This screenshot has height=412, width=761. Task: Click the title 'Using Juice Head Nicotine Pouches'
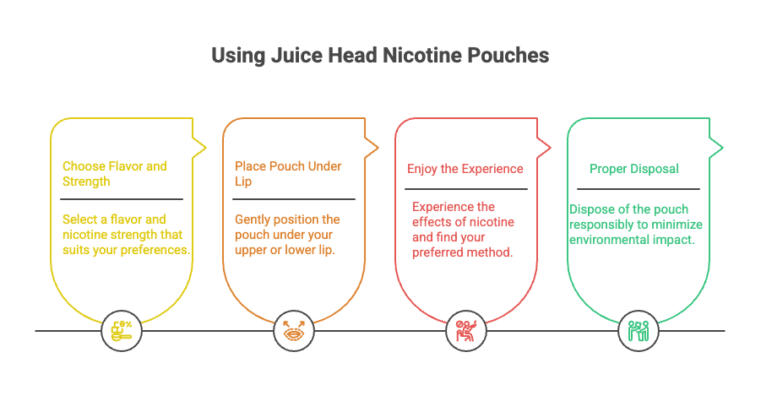[x=380, y=56]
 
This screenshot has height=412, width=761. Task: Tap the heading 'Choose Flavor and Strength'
[x=114, y=174]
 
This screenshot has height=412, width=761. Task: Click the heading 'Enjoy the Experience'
[x=465, y=169]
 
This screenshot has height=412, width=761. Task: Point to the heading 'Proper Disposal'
[x=633, y=169]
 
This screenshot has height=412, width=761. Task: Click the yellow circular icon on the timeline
[x=121, y=330]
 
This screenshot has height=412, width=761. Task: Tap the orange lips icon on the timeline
[x=295, y=330]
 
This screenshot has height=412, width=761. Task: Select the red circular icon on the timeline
[x=465, y=330]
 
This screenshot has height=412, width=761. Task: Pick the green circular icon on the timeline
[x=639, y=330]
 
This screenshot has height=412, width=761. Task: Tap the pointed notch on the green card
[x=718, y=149]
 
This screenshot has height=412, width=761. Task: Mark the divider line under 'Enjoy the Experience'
[x=466, y=189]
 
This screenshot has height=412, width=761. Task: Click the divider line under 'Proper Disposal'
[x=639, y=189]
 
